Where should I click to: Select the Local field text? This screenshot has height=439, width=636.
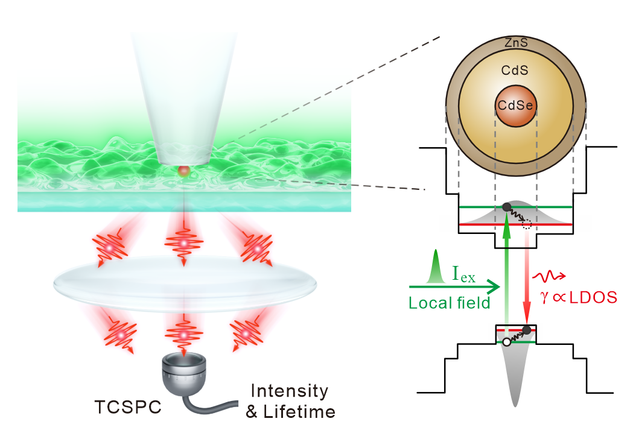[x=449, y=303]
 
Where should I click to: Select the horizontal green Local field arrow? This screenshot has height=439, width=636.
[x=453, y=287]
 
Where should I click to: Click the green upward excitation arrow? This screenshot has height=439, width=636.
[x=506, y=271]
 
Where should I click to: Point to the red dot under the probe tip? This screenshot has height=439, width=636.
[x=183, y=172]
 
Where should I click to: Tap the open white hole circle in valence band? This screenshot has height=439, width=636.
[x=506, y=342]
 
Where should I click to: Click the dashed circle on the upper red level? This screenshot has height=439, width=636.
[x=527, y=224]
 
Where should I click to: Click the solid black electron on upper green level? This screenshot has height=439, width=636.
[x=506, y=207]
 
